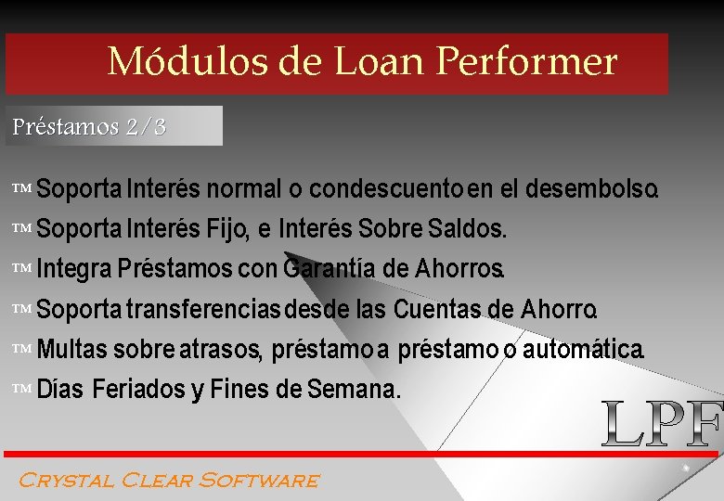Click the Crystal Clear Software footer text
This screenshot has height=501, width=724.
pyautogui.click(x=169, y=480)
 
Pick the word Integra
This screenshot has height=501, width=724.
pyautogui.click(x=75, y=269)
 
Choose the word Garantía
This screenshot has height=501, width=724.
pyautogui.click(x=330, y=269)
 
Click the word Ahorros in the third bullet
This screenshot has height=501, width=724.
pyautogui.click(x=457, y=269)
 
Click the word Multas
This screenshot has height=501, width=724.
pyautogui.click(x=72, y=349)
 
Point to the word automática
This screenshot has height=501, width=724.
pyautogui.click(x=581, y=349)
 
